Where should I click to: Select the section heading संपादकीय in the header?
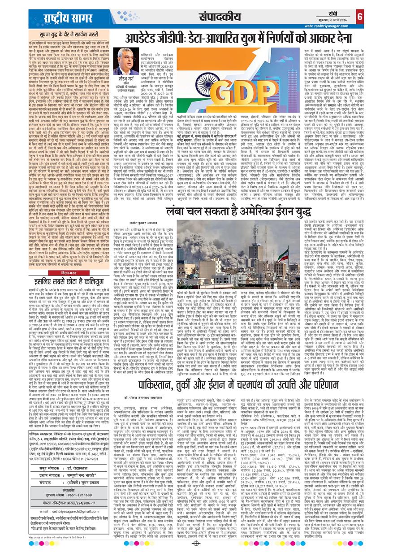click(x=214, y=17)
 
